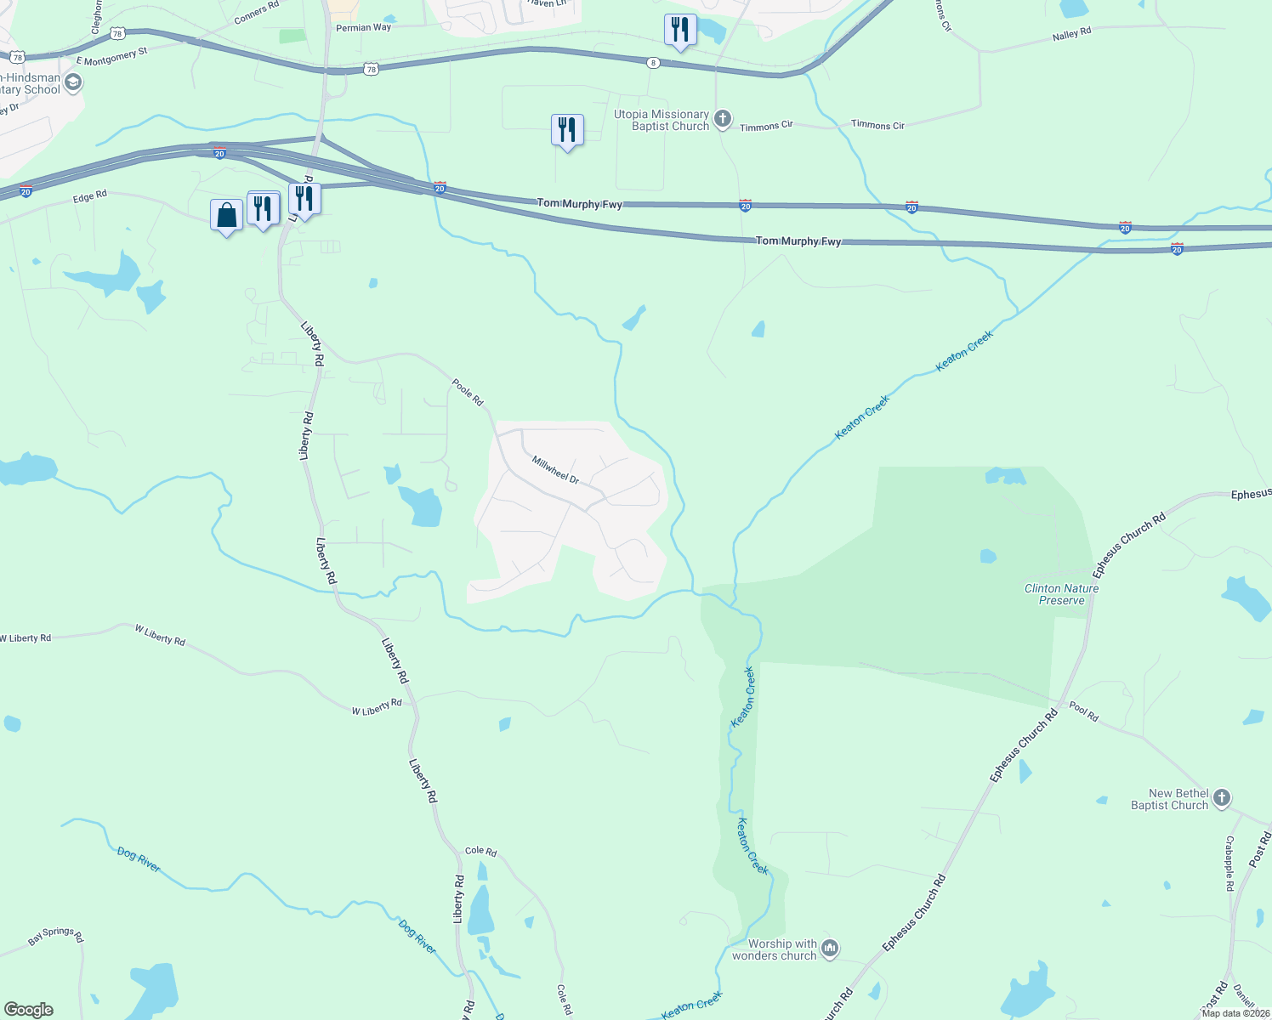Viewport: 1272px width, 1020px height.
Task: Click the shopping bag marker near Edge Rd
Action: pyautogui.click(x=227, y=215)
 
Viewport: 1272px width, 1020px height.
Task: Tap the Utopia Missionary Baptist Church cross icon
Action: pyautogui.click(x=723, y=119)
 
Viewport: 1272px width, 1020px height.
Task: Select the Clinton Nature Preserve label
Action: pyautogui.click(x=1061, y=594)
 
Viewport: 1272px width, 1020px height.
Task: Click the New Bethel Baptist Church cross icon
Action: pyautogui.click(x=1222, y=798)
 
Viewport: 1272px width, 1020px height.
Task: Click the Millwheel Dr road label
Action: pyautogui.click(x=555, y=470)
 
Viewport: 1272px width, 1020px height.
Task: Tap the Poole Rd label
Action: pyautogui.click(x=468, y=392)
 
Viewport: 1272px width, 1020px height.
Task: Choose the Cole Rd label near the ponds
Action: pyautogui.click(x=480, y=851)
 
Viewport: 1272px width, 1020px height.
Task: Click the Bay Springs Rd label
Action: pyautogui.click(x=56, y=936)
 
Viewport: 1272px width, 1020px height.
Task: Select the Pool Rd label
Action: pyautogui.click(x=1084, y=712)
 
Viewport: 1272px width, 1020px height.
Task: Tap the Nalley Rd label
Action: pyautogui.click(x=1071, y=35)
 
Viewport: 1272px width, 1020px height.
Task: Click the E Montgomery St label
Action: pyautogui.click(x=111, y=57)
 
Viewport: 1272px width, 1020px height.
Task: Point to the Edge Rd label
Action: pyautogui.click(x=90, y=196)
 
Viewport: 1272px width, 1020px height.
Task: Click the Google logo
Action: pyautogui.click(x=28, y=1010)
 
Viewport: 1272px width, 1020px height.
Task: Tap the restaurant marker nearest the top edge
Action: pyautogui.click(x=680, y=31)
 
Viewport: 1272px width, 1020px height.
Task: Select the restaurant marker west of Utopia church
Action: pyautogui.click(x=567, y=130)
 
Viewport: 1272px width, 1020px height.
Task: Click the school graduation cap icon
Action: pyautogui.click(x=73, y=82)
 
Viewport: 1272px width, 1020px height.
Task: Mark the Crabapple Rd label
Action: pyautogui.click(x=1229, y=863)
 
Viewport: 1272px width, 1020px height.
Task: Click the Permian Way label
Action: pyautogui.click(x=363, y=28)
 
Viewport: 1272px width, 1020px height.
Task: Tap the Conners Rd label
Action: pyautogui.click(x=256, y=12)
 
